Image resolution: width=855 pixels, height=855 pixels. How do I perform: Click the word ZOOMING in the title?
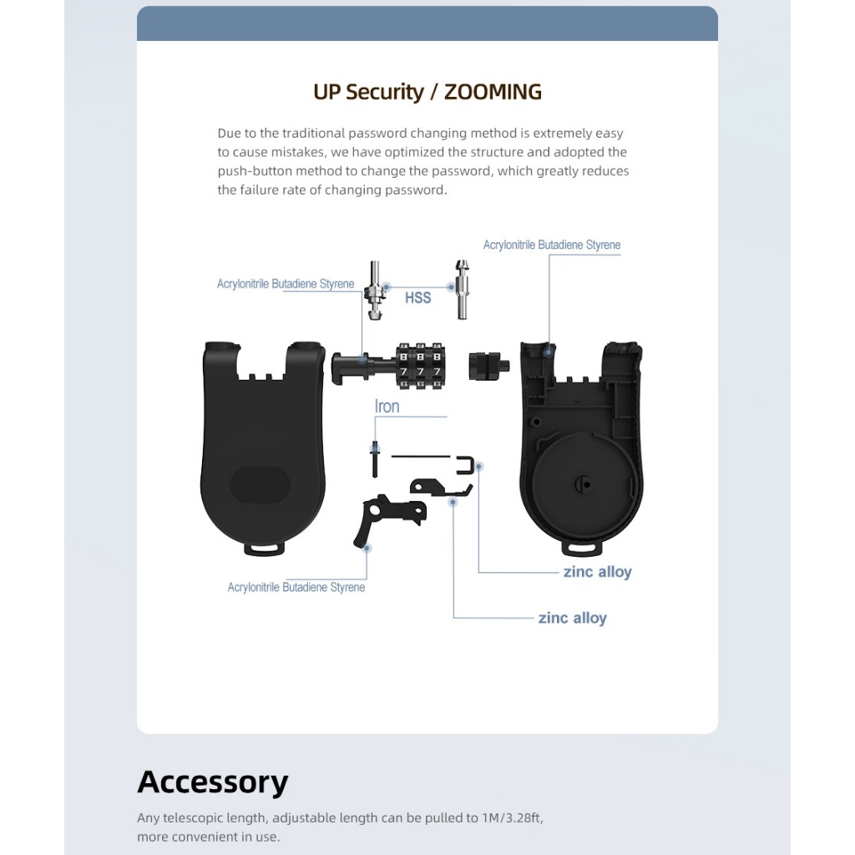pos(493,92)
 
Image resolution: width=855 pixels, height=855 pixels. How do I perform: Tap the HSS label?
pos(417,297)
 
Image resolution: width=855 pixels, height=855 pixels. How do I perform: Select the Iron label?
pos(387,407)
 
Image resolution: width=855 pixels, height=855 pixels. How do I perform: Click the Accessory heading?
pos(212,782)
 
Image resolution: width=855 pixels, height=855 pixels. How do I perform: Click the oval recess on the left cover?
pos(260,484)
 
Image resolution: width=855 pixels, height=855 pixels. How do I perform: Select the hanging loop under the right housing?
pos(583,546)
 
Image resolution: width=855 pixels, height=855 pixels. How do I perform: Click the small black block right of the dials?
pos(484,366)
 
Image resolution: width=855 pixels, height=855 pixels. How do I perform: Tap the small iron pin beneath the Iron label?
pos(376,458)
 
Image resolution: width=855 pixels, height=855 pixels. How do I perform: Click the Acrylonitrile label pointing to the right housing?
pos(552,245)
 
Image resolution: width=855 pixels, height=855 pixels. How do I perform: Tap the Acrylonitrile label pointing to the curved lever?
pos(296,587)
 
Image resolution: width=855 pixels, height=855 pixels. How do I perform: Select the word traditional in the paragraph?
pos(313,133)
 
